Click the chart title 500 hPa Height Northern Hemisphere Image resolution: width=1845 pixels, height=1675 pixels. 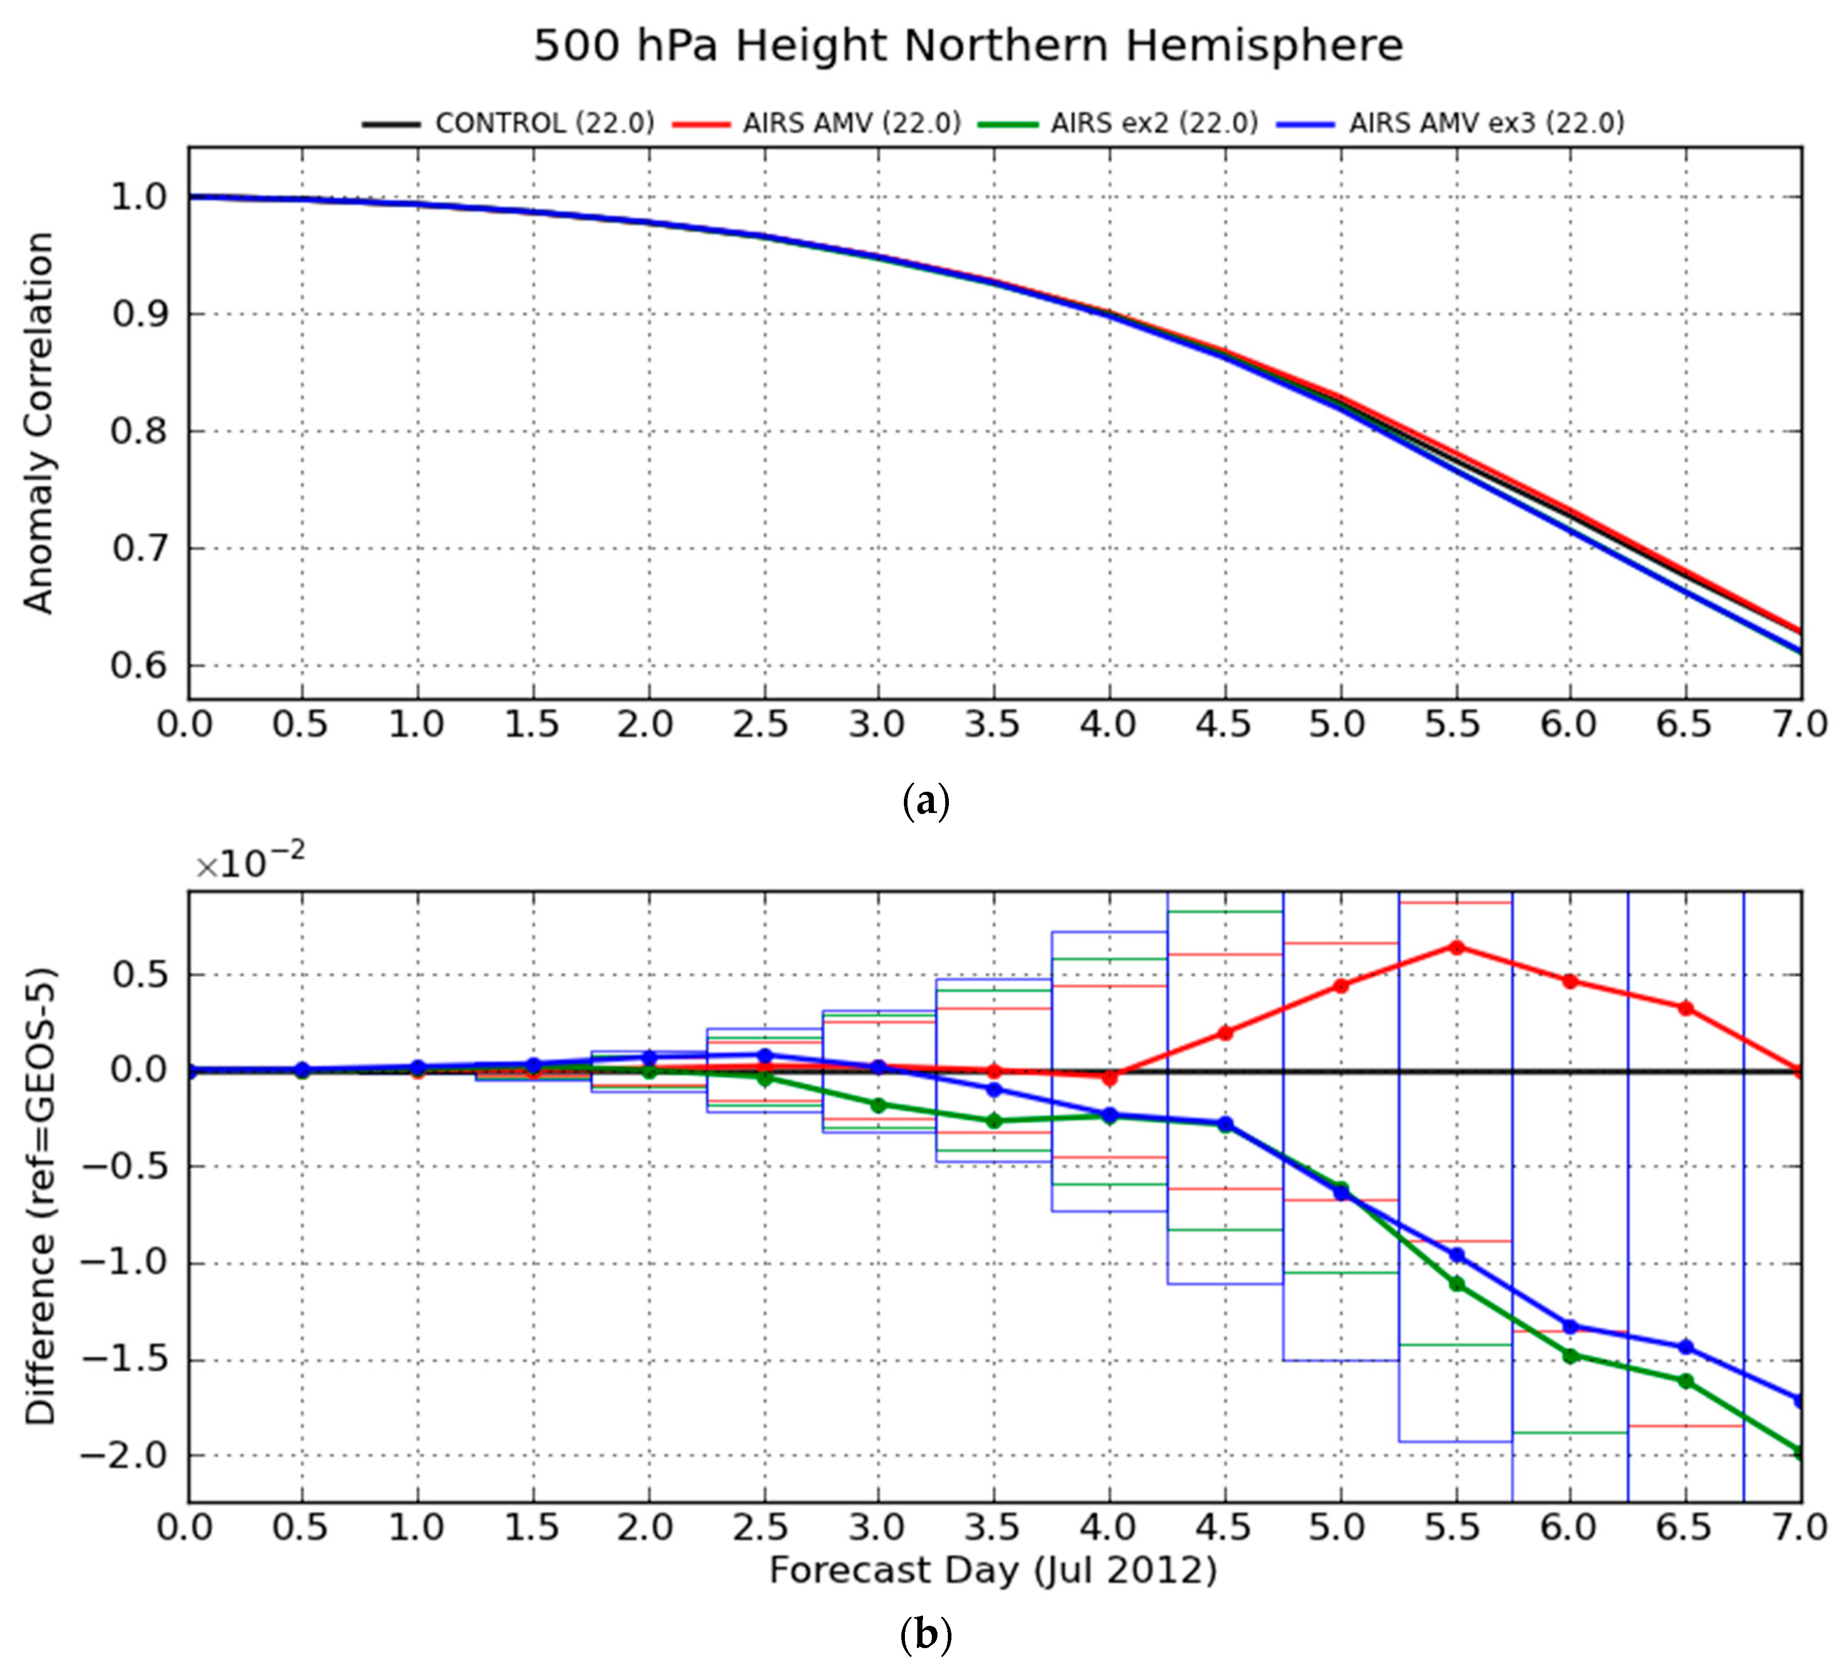click(x=967, y=46)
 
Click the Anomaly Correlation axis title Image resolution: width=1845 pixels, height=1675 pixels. click(x=38, y=423)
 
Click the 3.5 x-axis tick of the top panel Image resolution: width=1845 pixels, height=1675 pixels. click(x=992, y=726)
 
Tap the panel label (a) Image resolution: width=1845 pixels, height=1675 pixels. click(x=925, y=802)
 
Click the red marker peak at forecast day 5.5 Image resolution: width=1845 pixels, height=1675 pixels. click(x=1456, y=947)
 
